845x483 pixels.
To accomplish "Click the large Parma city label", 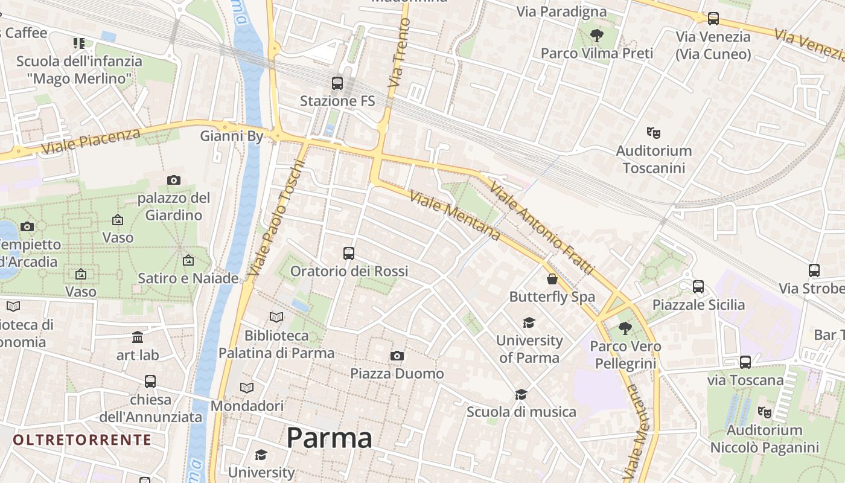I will click(x=329, y=438).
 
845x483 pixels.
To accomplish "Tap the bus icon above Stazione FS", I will click(x=337, y=83).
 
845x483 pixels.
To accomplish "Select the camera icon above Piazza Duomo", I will click(x=397, y=356).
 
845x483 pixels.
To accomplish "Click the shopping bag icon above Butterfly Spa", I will click(x=552, y=279).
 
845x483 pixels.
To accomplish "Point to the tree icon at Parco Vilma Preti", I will click(x=597, y=35).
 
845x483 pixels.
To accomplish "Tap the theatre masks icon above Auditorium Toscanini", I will click(x=652, y=132).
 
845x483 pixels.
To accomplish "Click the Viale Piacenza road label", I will click(x=90, y=141).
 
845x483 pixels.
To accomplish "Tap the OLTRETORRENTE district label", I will click(x=82, y=440).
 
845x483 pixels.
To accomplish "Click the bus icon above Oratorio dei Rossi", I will click(x=348, y=254).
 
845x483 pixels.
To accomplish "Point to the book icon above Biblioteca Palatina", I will click(x=276, y=317).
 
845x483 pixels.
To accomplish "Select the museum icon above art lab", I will click(x=138, y=337).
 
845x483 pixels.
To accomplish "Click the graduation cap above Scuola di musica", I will click(x=521, y=394).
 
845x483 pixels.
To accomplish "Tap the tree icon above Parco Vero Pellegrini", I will click(x=625, y=328).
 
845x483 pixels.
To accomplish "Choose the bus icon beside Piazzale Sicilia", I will click(x=698, y=287).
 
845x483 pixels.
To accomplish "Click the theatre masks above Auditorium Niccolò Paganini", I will click(x=764, y=412).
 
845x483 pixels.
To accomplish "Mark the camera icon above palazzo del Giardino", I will click(x=174, y=180).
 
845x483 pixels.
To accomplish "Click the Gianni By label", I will click(x=232, y=136).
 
